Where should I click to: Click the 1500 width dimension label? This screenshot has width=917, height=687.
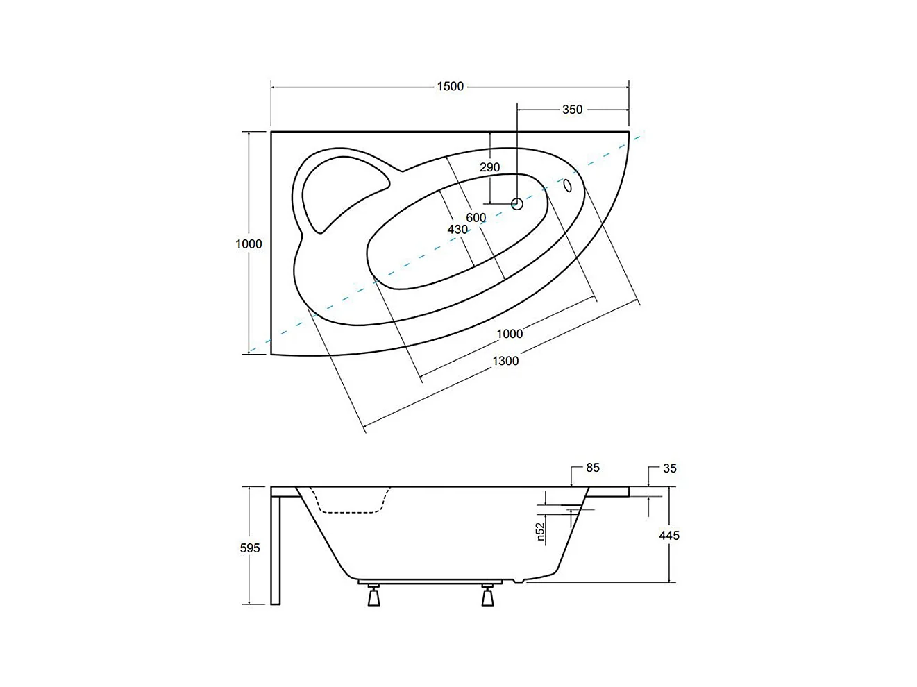451,87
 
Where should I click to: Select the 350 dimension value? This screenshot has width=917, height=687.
572,110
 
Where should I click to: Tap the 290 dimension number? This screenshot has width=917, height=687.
489,167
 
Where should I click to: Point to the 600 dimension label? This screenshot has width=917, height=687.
476,218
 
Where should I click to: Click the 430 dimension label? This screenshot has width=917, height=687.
457,229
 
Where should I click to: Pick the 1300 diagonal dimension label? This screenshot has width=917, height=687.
505,360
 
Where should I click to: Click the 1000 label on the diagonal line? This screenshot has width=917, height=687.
510,334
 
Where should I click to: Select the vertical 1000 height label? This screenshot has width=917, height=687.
249,244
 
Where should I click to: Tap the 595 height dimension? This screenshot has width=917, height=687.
250,548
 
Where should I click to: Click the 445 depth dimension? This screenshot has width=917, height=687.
669,536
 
